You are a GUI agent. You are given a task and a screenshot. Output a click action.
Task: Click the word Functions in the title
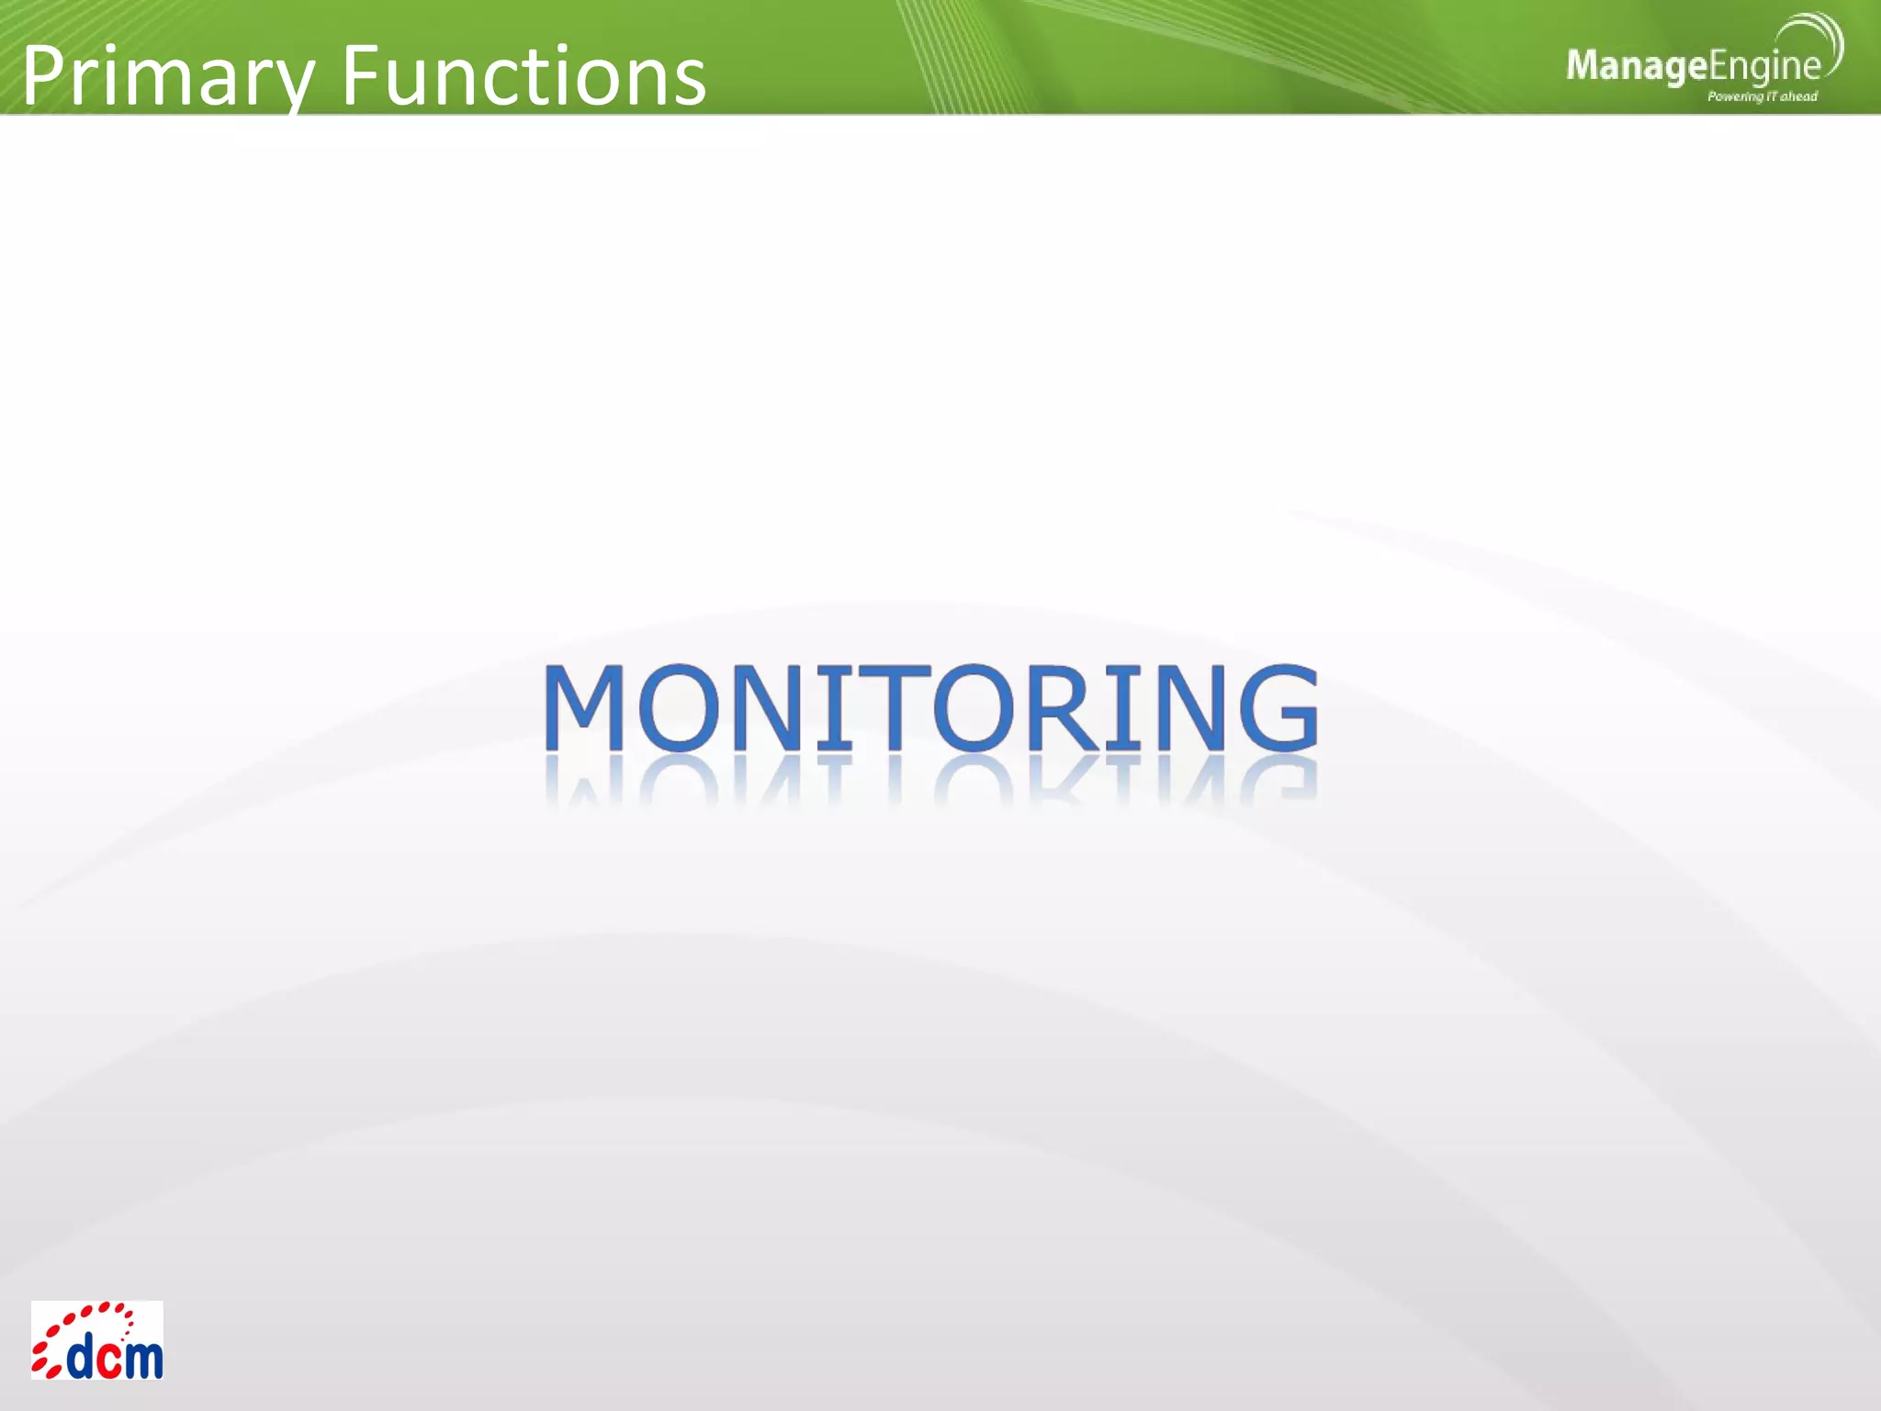point(524,75)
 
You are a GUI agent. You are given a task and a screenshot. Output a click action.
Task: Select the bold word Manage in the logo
point(1636,66)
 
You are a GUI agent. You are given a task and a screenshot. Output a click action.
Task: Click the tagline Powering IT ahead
point(1762,96)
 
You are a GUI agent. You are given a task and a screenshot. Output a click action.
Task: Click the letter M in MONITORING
point(584,707)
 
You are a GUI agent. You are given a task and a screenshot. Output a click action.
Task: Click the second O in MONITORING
point(979,707)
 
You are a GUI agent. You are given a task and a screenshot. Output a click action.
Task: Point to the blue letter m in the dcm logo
point(142,1359)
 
